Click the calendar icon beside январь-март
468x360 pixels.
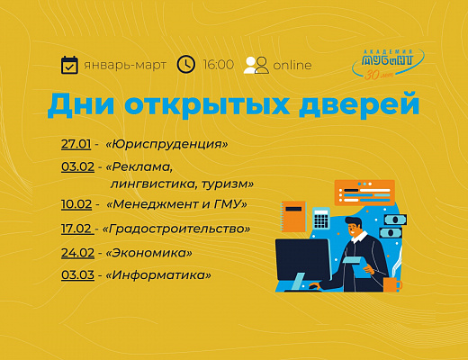(x=69, y=65)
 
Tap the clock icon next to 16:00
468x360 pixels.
(x=186, y=64)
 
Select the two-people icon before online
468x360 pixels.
(x=256, y=65)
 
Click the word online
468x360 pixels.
(x=292, y=65)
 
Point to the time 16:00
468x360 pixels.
(x=219, y=65)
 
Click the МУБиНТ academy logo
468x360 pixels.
(x=388, y=64)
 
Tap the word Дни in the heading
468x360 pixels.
(x=81, y=104)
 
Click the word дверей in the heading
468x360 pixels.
(x=359, y=104)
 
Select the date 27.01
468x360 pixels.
(x=76, y=144)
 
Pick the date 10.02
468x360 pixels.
(x=76, y=204)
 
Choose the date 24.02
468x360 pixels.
(x=77, y=253)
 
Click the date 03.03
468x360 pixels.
(x=77, y=274)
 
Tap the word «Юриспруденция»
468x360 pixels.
(x=166, y=145)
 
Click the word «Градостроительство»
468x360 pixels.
(x=176, y=229)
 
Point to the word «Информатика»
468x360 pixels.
(x=158, y=275)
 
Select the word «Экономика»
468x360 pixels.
(x=149, y=253)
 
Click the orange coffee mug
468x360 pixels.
(x=392, y=284)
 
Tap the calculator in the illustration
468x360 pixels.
(x=321, y=219)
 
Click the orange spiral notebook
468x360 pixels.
(x=293, y=217)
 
